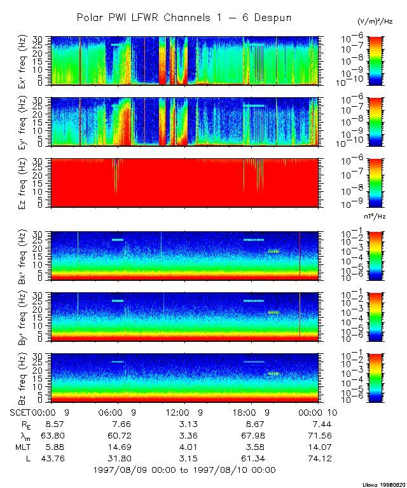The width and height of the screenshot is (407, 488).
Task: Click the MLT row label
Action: point(24,446)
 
